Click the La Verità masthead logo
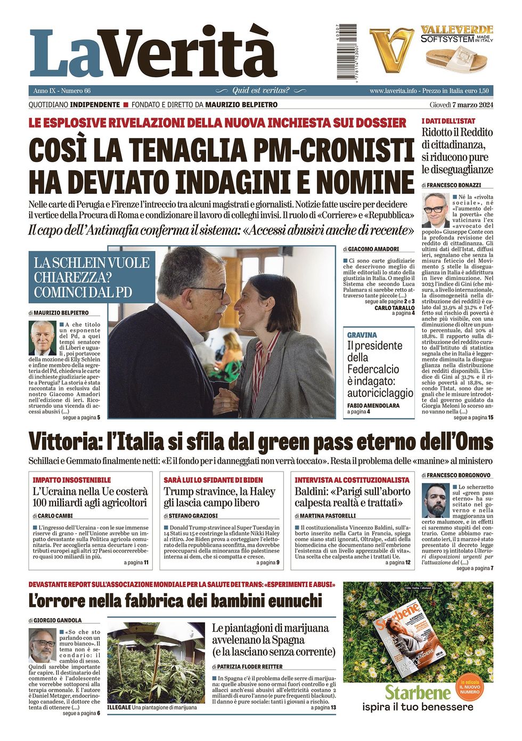(x=153, y=53)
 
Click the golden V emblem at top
(x=391, y=50)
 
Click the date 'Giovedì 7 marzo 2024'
(x=461, y=105)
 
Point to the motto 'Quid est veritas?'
(x=261, y=91)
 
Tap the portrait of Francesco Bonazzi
(x=435, y=210)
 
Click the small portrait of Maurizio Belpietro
(x=43, y=338)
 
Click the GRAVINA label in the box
(x=362, y=335)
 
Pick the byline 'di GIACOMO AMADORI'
(x=371, y=249)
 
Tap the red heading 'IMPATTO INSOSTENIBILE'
(x=72, y=480)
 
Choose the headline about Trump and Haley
(x=219, y=497)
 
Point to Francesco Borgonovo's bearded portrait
(x=436, y=500)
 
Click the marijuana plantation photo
(x=156, y=662)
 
